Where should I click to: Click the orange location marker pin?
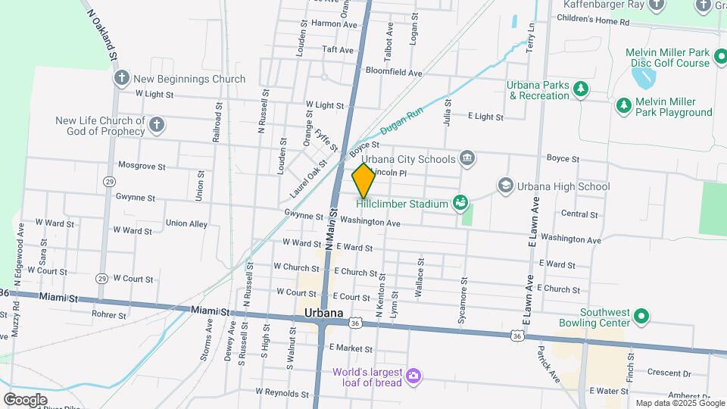(x=363, y=180)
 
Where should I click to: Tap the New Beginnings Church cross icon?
(x=121, y=78)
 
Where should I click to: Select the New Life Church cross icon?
(x=156, y=125)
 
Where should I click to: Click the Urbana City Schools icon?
(x=467, y=158)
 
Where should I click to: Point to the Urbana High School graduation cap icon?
(x=505, y=186)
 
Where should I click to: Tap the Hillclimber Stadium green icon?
(x=459, y=203)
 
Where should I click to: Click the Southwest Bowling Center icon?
(x=641, y=317)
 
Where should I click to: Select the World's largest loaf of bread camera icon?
(x=413, y=376)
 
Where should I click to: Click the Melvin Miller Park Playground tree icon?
(x=623, y=106)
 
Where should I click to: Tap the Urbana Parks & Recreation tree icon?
(x=581, y=89)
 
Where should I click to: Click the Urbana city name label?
(x=323, y=313)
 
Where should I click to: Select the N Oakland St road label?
(x=104, y=34)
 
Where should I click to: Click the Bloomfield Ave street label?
(x=394, y=73)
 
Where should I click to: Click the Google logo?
(x=25, y=399)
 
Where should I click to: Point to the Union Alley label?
(x=186, y=223)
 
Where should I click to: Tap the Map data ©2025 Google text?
(x=679, y=403)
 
